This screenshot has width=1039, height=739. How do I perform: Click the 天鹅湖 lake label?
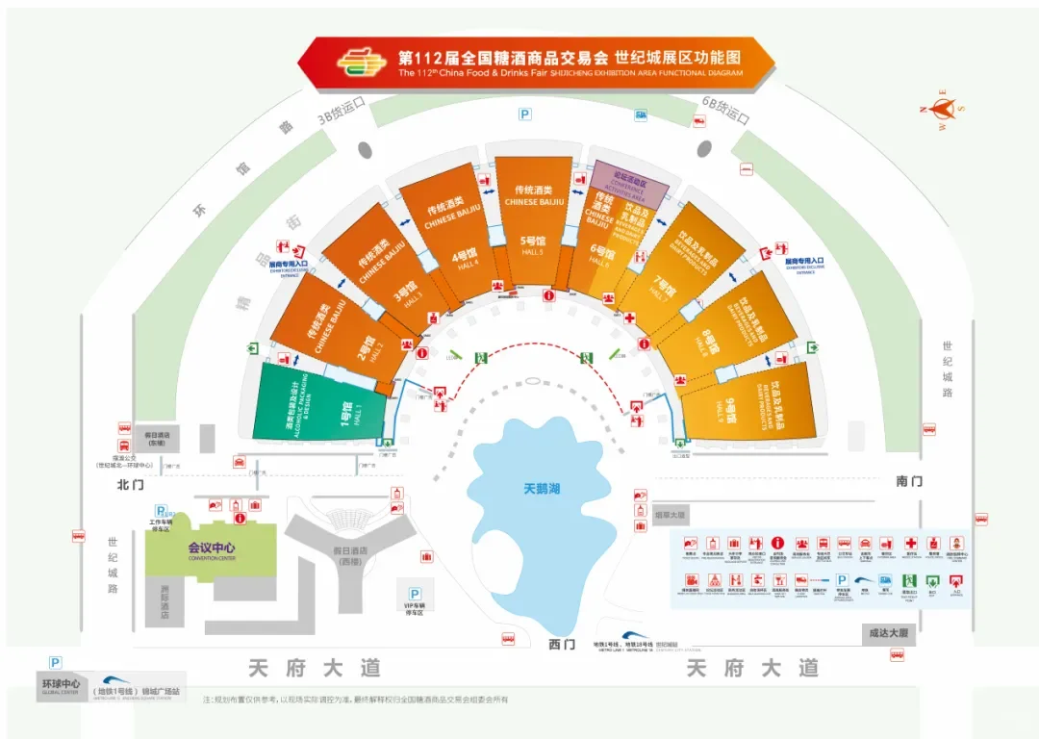[x=541, y=489]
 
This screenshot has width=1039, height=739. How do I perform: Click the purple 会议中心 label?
[x=211, y=548]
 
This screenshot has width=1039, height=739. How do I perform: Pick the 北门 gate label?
[x=128, y=483]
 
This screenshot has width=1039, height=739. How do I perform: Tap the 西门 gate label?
[x=561, y=643]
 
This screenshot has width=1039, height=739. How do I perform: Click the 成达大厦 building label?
[x=884, y=634]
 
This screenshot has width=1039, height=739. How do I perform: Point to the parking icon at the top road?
[x=525, y=115]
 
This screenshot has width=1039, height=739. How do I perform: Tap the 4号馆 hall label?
[x=466, y=258]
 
